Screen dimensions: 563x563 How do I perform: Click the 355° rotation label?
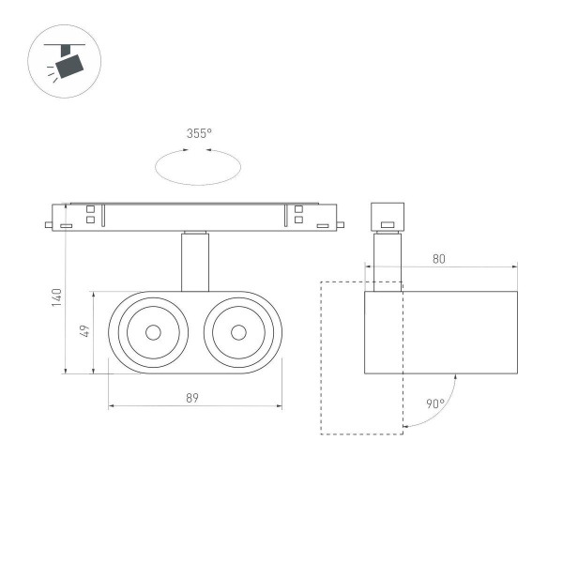[198, 133]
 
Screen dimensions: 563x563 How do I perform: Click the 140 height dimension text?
[55, 297]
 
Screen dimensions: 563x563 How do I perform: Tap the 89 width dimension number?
[192, 398]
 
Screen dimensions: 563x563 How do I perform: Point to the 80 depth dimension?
[439, 259]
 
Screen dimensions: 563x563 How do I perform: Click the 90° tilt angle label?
[434, 404]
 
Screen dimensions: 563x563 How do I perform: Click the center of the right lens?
[237, 331]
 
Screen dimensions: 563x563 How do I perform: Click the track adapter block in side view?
[387, 216]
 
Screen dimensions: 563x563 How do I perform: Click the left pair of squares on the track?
[91, 215]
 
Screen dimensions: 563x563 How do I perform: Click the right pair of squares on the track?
[298, 215]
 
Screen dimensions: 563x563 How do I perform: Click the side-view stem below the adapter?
[387, 260]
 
